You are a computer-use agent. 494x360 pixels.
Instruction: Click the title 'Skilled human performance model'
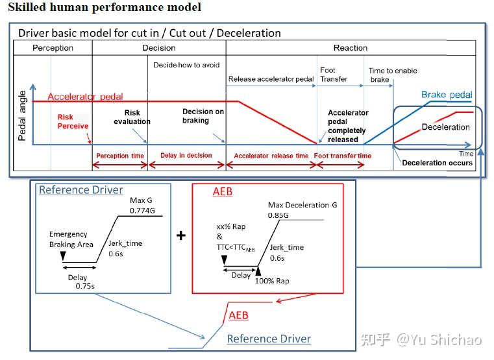click(x=105, y=8)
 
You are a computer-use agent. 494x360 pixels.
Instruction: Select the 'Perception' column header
click(x=53, y=47)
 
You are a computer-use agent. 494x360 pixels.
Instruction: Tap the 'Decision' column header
click(x=158, y=47)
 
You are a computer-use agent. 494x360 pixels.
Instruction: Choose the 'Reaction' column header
click(x=351, y=47)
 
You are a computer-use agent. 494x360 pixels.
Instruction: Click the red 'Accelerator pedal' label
click(x=85, y=97)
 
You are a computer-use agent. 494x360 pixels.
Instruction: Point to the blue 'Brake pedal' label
click(x=447, y=95)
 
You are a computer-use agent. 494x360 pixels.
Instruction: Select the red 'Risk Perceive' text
click(x=73, y=121)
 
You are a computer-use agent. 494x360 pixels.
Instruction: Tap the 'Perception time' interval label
click(x=120, y=156)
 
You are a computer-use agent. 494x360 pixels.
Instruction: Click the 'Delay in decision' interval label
click(x=186, y=156)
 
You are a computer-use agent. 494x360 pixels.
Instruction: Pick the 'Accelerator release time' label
click(x=271, y=156)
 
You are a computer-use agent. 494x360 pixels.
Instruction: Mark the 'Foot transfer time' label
click(x=343, y=156)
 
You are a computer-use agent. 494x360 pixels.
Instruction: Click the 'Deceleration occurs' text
click(x=437, y=163)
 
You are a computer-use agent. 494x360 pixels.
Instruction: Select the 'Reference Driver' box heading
click(x=80, y=190)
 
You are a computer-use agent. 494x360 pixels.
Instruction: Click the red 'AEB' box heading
click(x=223, y=193)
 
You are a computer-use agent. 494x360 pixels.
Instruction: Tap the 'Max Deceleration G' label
click(x=302, y=205)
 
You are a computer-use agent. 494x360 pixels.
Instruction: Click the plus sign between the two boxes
click(x=181, y=235)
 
